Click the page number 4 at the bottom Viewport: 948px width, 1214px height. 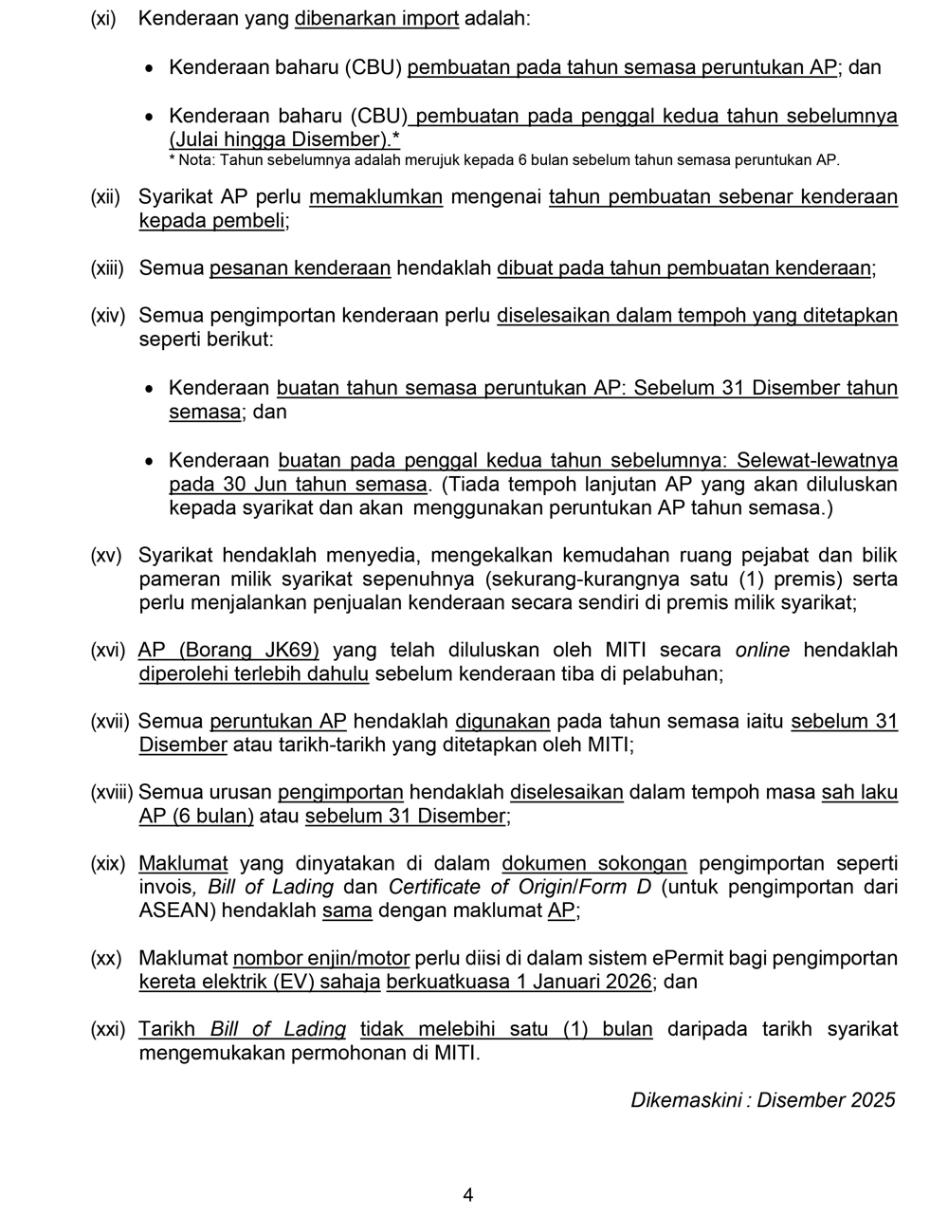(x=467, y=1195)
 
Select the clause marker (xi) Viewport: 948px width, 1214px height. (x=103, y=19)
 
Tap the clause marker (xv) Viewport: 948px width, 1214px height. (x=106, y=555)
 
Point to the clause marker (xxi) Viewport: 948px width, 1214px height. (x=107, y=1029)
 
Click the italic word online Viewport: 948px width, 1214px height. (x=762, y=650)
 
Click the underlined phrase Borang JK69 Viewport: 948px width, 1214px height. (x=248, y=650)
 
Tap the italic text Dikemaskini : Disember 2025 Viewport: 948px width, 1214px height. (x=762, y=1100)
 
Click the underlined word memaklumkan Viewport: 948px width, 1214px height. (x=376, y=197)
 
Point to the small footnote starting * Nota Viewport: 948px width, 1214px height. (x=503, y=160)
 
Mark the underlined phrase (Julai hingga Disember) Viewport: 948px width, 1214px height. (x=280, y=139)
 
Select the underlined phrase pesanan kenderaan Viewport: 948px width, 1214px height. (x=300, y=268)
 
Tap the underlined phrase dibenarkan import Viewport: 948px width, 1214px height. (x=376, y=19)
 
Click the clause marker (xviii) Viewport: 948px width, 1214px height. (x=112, y=792)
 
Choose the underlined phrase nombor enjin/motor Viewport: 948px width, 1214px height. (x=321, y=958)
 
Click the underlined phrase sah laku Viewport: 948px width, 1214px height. (x=859, y=792)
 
